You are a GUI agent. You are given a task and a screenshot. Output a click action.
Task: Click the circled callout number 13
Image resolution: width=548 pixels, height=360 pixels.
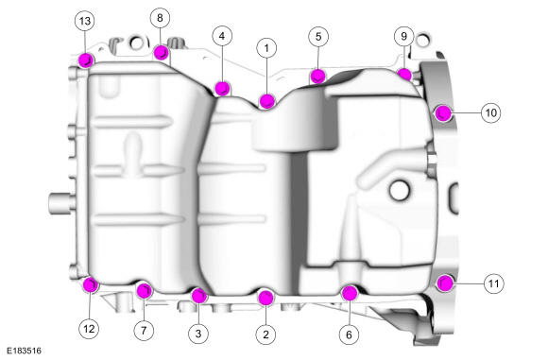tap(85, 21)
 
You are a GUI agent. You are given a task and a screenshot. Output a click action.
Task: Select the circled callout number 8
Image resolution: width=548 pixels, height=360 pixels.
tap(160, 18)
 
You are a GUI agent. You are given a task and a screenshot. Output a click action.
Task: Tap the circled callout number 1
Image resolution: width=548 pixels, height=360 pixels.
tap(266, 48)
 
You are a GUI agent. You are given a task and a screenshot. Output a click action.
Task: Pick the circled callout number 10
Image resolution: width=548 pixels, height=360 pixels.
tap(491, 112)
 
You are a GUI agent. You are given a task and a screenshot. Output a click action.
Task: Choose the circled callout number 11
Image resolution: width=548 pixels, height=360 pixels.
tap(493, 283)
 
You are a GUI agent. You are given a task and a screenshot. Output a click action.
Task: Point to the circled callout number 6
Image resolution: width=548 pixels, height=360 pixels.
tap(350, 334)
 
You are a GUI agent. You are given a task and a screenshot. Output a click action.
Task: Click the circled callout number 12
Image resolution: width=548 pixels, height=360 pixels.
tap(89, 329)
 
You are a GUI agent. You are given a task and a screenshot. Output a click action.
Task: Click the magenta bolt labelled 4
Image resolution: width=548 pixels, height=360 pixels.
tap(222, 89)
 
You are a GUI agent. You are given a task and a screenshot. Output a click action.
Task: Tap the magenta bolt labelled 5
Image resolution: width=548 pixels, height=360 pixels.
tap(318, 76)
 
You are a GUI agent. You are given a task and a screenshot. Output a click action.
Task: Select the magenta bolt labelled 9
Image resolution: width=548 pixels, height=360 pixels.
tap(404, 75)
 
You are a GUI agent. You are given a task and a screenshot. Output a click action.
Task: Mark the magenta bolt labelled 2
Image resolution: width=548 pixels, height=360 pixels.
tap(265, 298)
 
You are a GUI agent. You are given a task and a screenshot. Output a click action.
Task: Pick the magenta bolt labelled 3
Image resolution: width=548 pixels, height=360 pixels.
tap(199, 296)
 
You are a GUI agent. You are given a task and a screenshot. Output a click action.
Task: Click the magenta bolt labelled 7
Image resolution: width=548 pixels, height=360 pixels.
tap(144, 291)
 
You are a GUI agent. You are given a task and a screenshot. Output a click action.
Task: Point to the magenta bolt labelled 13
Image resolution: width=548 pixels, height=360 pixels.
tap(86, 60)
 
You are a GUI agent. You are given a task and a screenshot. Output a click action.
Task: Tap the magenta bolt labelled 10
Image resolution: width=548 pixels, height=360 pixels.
tap(443, 112)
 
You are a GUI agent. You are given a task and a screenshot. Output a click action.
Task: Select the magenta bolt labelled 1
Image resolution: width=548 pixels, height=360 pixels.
tap(267, 101)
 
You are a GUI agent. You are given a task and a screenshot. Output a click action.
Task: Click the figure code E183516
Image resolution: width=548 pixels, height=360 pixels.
tap(25, 351)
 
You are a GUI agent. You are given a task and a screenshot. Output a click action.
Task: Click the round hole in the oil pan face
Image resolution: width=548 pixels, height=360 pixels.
tap(399, 191)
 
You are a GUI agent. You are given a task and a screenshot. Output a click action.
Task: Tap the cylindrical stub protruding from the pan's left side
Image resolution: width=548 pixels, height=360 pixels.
tap(61, 203)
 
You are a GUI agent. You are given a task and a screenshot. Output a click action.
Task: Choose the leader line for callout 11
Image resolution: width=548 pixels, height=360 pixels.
tap(469, 283)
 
